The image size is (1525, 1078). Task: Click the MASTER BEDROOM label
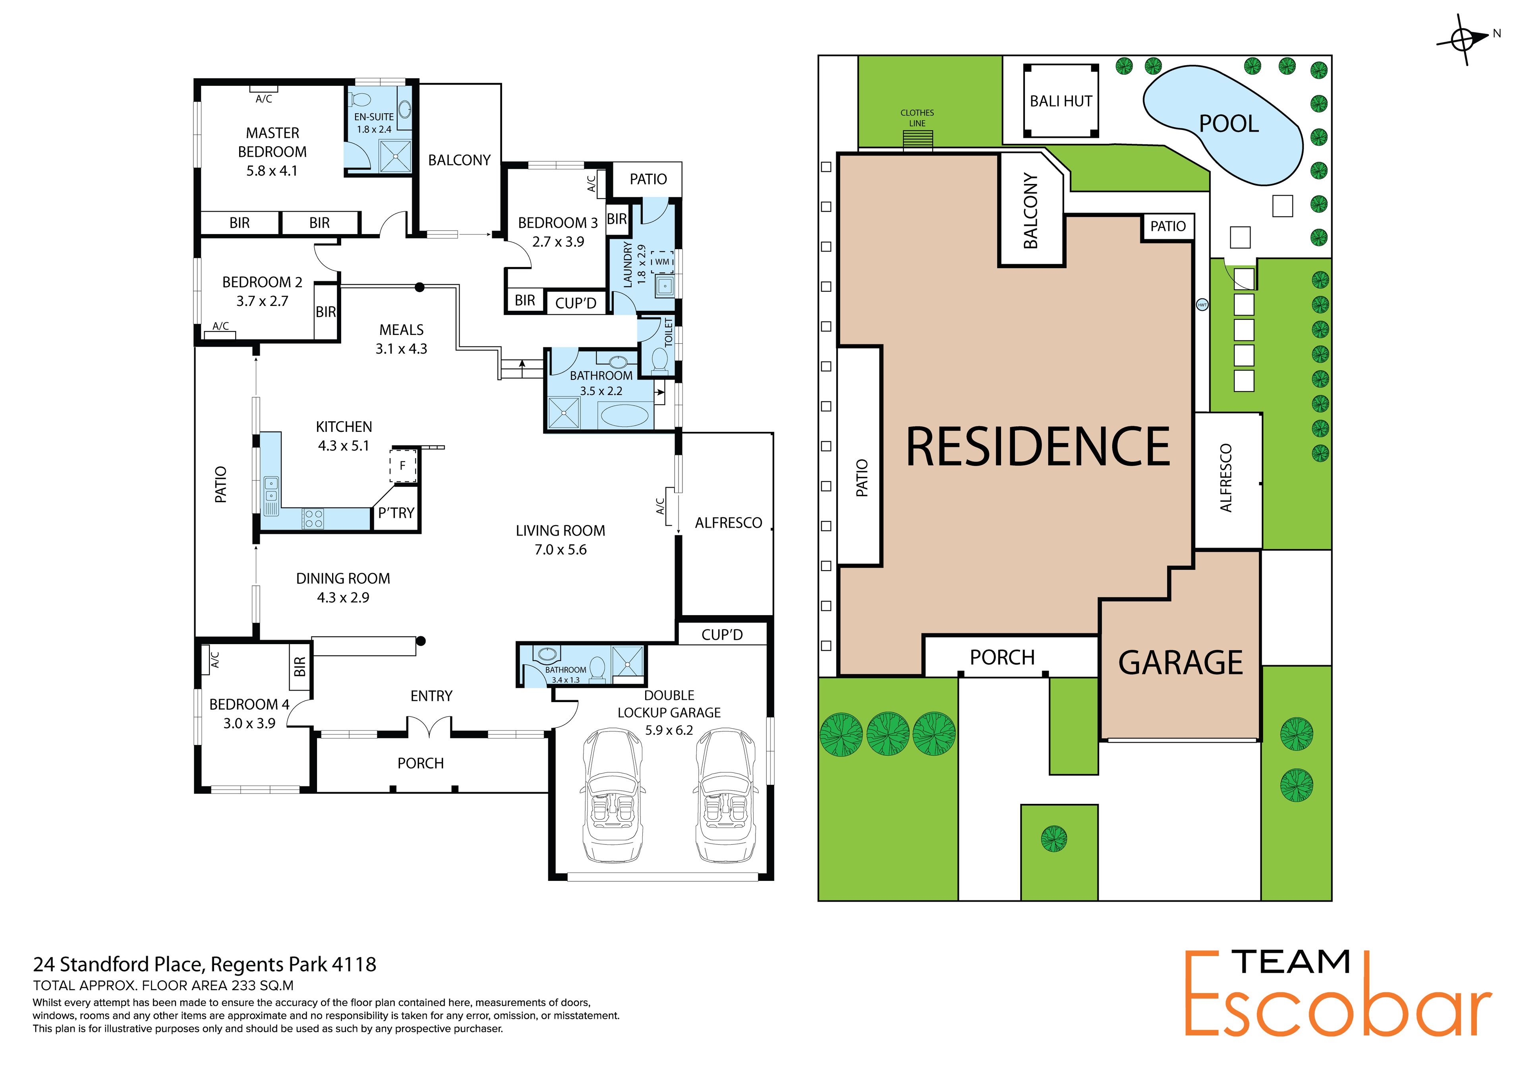tap(273, 142)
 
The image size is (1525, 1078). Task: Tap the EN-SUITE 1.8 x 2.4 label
tap(374, 123)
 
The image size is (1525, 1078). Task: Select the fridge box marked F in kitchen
tap(402, 466)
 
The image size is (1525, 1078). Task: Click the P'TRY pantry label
tap(396, 513)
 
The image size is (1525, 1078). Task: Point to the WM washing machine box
tap(662, 262)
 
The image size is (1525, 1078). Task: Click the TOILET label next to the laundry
tap(669, 332)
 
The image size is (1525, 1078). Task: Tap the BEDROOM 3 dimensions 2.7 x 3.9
tap(558, 242)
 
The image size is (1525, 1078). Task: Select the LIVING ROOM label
tap(561, 531)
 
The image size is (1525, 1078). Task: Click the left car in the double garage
tap(613, 796)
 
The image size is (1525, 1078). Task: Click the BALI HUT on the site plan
tap(1061, 101)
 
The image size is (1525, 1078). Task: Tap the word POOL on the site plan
tap(1229, 124)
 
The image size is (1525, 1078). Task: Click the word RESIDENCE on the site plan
tap(1038, 447)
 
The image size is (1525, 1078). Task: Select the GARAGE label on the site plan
tap(1180, 663)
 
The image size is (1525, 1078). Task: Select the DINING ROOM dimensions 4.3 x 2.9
tap(343, 598)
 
